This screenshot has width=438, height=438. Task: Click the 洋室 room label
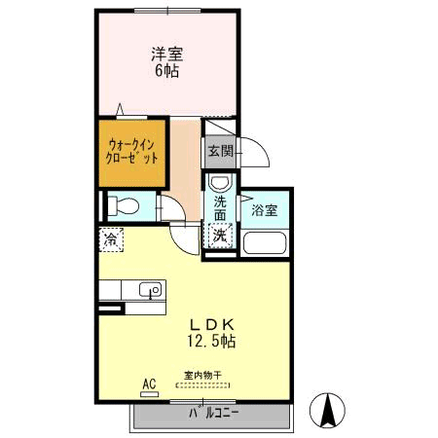tap(167, 54)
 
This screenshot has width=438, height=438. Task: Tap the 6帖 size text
tap(166, 71)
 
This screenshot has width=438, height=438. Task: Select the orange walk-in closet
tap(132, 154)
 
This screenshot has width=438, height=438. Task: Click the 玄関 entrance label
tap(221, 151)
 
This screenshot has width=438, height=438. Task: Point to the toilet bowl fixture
tap(124, 206)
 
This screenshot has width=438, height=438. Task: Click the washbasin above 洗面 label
tap(220, 182)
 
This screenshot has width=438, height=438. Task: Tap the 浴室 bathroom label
tap(265, 210)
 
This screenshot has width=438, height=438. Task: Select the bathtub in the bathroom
tap(265, 243)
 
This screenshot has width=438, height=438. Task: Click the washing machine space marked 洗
tap(220, 236)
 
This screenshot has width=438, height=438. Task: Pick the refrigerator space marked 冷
tap(111, 239)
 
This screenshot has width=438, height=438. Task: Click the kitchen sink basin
tap(150, 289)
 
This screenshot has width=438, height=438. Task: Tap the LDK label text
tap(212, 324)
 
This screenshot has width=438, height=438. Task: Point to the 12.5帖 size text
tap(211, 342)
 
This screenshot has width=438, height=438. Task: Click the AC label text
tap(149, 383)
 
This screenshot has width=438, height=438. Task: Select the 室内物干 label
tap(202, 376)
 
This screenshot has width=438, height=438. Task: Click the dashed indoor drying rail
tap(202, 385)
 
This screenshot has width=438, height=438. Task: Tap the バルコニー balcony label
tap(214, 413)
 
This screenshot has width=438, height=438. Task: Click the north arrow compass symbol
tap(327, 410)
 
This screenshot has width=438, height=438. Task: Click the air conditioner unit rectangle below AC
tap(150, 394)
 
